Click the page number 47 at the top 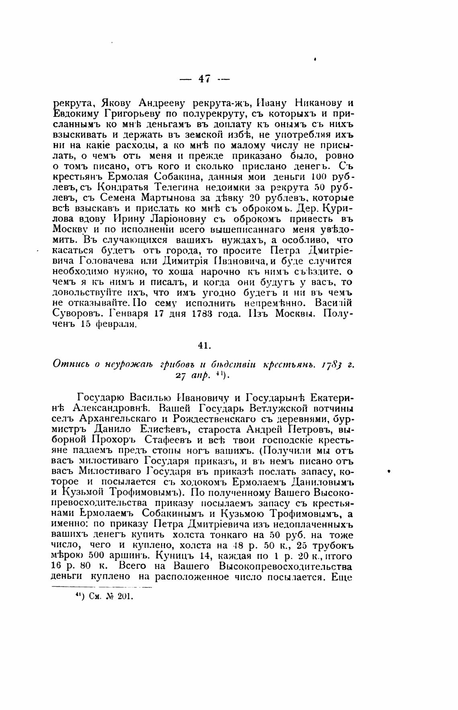pyautogui.click(x=204, y=79)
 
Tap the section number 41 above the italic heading pyautogui.click(x=204, y=345)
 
